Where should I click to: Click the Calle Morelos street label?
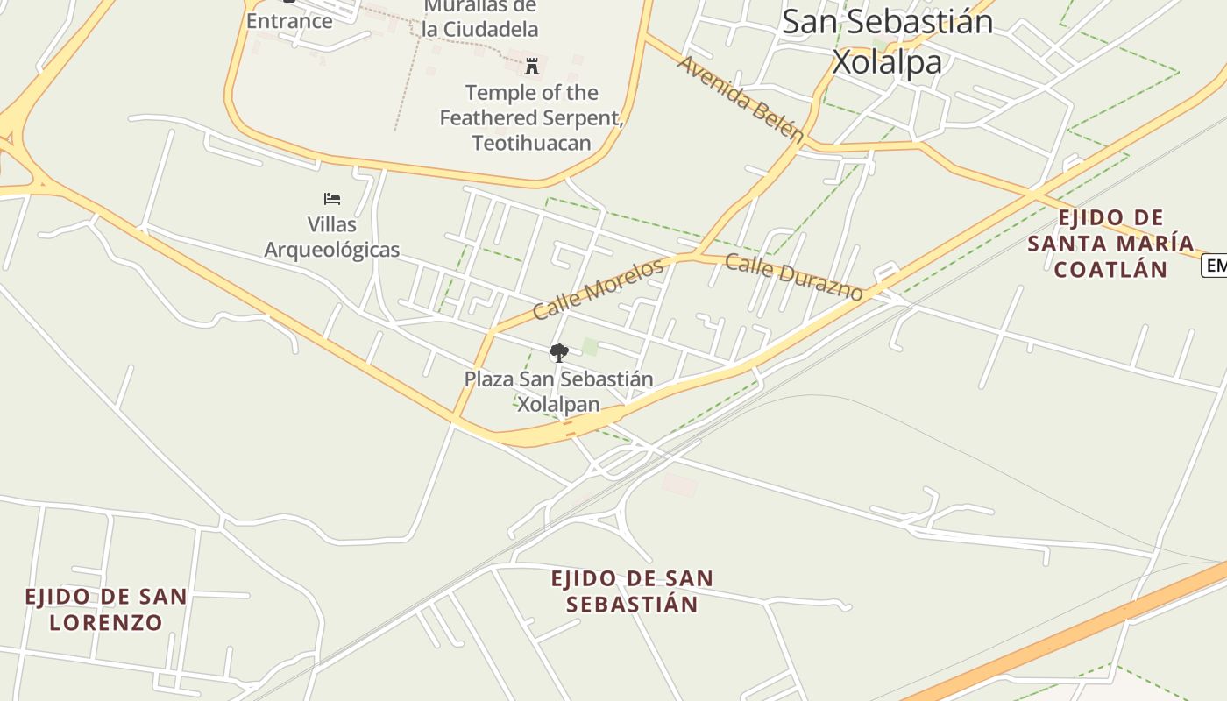pos(598,289)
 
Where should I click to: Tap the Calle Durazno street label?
pos(794,278)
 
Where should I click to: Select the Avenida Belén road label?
pos(741,98)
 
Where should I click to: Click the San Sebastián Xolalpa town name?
pos(887,41)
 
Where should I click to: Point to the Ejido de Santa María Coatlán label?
pos(1110,244)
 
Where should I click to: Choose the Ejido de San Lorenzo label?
pos(105,610)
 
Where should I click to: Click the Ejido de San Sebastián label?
pos(632,591)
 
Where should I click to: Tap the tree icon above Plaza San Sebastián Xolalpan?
pos(558,353)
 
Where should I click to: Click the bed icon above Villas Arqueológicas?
pos(332,199)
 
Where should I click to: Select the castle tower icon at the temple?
pos(531,66)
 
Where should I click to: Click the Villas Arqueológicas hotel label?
pos(332,237)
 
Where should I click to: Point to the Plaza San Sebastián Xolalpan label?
pos(558,392)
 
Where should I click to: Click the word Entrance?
pos(289,21)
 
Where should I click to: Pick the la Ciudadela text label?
pos(479,28)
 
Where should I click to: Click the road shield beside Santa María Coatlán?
pos(1215,266)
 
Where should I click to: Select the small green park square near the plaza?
pos(591,348)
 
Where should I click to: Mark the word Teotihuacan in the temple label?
pos(531,143)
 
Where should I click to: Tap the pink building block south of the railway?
pos(680,483)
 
